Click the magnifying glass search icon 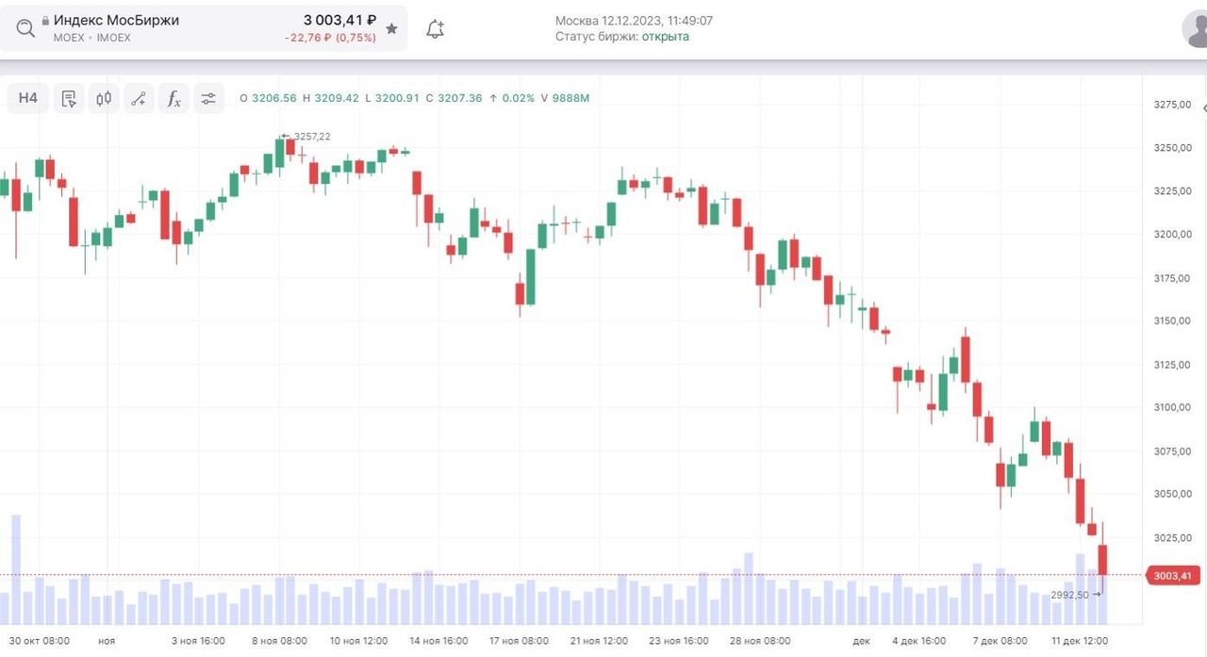(25, 28)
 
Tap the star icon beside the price (392, 29)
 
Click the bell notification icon (435, 29)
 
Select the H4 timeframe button (28, 98)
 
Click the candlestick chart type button (104, 98)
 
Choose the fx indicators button (174, 98)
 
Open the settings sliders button (208, 98)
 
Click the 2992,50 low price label (1069, 595)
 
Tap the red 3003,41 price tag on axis (1173, 576)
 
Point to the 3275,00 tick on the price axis (1173, 105)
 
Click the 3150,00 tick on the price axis (1173, 321)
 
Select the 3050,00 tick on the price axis (1173, 494)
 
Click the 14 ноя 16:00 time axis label (438, 641)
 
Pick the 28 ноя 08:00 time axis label (761, 641)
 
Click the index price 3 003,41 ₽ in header (339, 20)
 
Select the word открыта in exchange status (666, 37)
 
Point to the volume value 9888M (570, 98)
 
